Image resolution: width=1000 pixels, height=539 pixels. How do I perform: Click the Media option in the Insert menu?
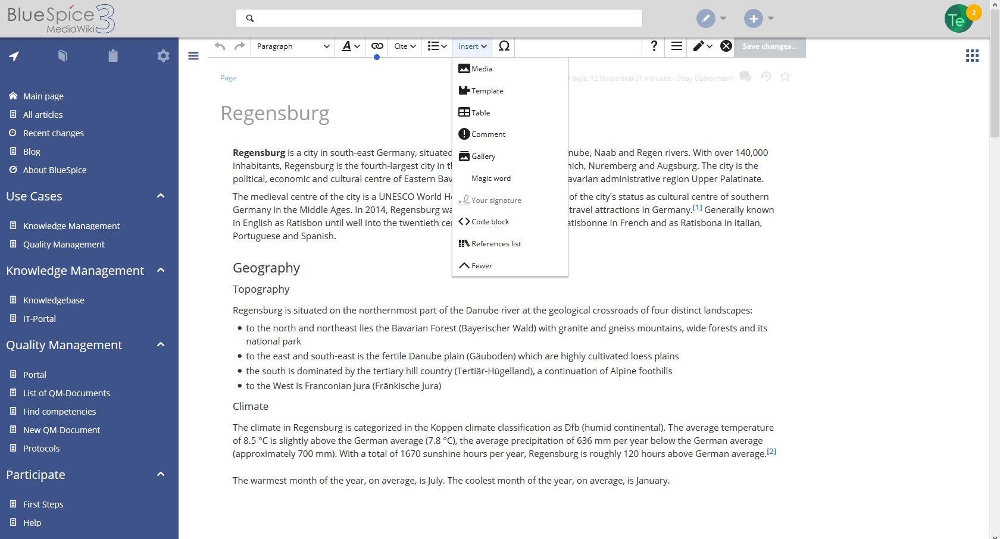tap(482, 69)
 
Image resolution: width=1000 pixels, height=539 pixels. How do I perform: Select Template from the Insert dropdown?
tap(487, 91)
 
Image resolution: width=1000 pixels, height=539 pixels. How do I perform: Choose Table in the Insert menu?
tap(480, 113)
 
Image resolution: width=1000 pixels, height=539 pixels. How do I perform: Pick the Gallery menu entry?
tap(483, 156)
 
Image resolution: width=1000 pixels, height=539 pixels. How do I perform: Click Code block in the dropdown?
tap(490, 222)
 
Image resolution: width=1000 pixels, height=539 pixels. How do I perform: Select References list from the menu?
tap(496, 244)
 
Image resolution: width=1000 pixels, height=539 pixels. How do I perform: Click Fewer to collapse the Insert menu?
tap(482, 266)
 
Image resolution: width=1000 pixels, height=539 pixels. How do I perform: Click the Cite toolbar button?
tap(405, 46)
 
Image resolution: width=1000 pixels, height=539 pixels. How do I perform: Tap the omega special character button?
tap(504, 46)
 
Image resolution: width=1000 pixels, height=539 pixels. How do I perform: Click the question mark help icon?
tap(654, 46)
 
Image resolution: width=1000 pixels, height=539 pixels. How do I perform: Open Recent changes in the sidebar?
tap(54, 133)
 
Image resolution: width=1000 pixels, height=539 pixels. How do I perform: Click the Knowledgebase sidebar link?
tap(54, 300)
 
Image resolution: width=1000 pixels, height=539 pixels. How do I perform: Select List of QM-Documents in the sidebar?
tap(67, 393)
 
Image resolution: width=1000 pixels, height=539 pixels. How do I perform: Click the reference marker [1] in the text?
tap(697, 208)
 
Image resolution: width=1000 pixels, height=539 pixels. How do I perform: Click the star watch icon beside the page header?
tap(785, 77)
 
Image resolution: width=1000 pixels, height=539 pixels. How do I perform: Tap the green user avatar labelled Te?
tap(958, 20)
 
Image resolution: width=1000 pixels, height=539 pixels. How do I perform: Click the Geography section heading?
tap(266, 268)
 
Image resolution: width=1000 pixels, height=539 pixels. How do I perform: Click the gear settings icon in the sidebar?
tap(163, 56)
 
